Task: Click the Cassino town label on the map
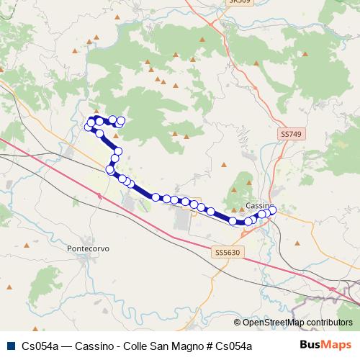[x=257, y=206]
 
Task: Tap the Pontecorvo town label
[x=87, y=248]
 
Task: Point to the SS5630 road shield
[x=227, y=253]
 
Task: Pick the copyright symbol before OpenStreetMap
[x=238, y=322]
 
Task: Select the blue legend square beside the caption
[x=9, y=346]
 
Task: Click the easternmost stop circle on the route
[x=272, y=210]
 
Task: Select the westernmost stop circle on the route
[x=89, y=127]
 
